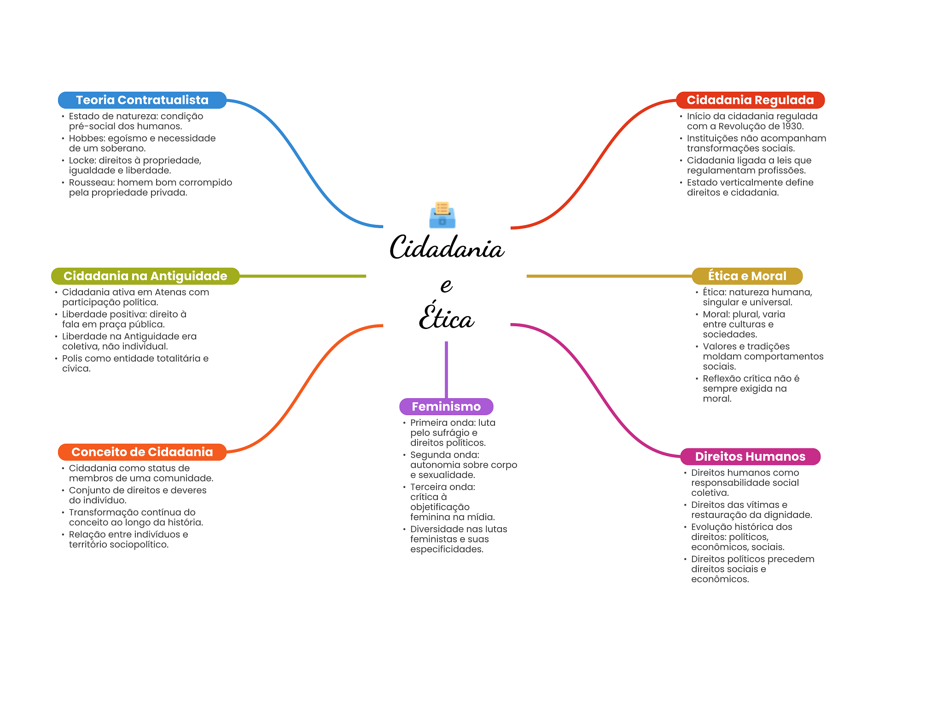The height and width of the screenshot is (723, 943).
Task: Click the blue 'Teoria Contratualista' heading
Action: pyautogui.click(x=142, y=100)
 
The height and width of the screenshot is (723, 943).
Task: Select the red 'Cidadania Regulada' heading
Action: pyautogui.click(x=750, y=100)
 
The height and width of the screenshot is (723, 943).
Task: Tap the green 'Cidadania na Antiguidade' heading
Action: pyautogui.click(x=145, y=276)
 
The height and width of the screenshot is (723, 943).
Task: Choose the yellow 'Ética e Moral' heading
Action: pyautogui.click(x=747, y=276)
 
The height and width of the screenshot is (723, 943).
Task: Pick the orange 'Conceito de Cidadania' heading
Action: pyautogui.click(x=142, y=452)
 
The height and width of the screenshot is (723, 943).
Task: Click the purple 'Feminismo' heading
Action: pyautogui.click(x=446, y=406)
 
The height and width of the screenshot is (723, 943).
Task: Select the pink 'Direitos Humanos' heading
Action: pyautogui.click(x=750, y=457)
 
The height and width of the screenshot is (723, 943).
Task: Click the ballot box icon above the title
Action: pyautogui.click(x=442, y=215)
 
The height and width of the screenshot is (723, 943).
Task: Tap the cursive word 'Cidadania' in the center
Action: pyautogui.click(x=447, y=247)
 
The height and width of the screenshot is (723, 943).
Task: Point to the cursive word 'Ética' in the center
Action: pyautogui.click(x=446, y=316)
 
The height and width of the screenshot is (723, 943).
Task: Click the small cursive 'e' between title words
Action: pyautogui.click(x=446, y=285)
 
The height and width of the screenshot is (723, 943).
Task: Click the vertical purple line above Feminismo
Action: pyautogui.click(x=446, y=370)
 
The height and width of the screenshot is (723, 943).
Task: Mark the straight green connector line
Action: pyautogui.click(x=303, y=276)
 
